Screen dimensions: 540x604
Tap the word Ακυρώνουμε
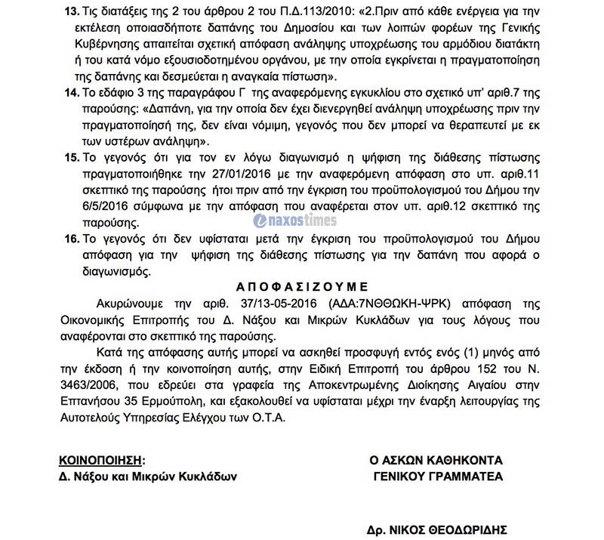tap(134, 304)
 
